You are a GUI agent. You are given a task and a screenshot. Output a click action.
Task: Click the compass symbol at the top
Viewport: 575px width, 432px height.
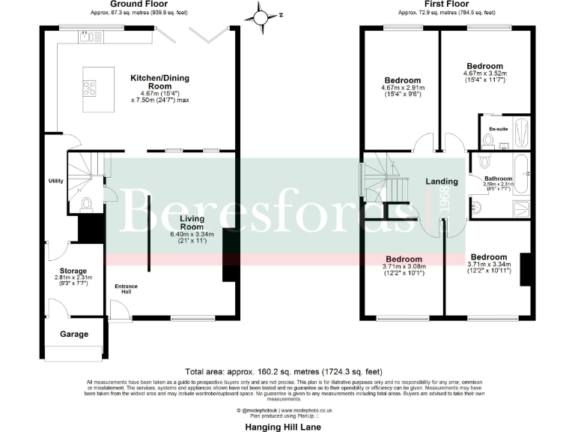pyautogui.click(x=261, y=14)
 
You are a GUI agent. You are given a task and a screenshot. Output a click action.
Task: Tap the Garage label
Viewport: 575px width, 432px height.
pyautogui.click(x=74, y=334)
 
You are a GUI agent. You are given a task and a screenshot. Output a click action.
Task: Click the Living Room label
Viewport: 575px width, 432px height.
pyautogui.click(x=192, y=221)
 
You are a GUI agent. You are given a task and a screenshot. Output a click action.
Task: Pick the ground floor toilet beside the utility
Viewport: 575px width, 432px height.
pyautogui.click(x=86, y=202)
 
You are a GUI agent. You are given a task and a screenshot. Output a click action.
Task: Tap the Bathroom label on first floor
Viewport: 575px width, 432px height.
pyautogui.click(x=497, y=178)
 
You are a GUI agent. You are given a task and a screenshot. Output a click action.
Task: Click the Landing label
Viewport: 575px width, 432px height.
pyautogui.click(x=442, y=182)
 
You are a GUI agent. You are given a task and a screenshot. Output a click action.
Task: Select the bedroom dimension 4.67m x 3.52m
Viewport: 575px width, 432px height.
pyautogui.click(x=484, y=73)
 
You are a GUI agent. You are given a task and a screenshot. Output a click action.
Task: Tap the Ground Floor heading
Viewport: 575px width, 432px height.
pyautogui.click(x=138, y=4)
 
